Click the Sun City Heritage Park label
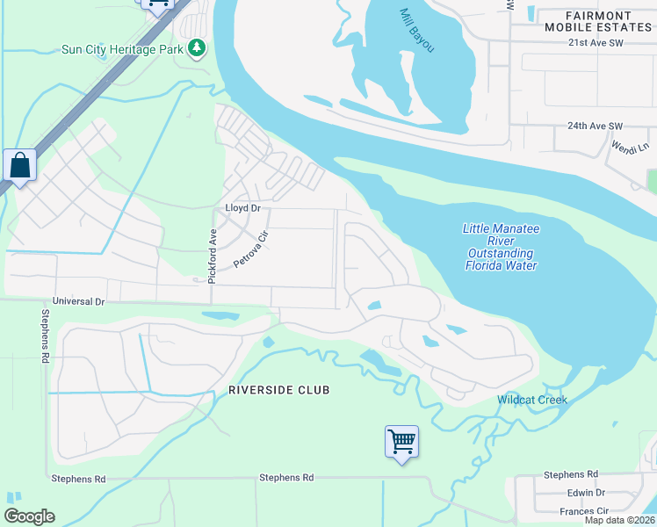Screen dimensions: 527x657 pos(122,49)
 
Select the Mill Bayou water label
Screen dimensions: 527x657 pos(417,30)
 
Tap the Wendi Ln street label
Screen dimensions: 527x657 pos(629,148)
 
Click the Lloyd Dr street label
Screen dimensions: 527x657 pos(243,208)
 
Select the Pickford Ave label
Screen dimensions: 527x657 pos(212,256)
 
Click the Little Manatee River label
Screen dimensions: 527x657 pos(501,247)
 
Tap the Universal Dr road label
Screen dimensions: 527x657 pos(78,301)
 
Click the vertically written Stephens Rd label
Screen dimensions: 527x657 pos(44,337)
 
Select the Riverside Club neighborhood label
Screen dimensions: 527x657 pos(278,389)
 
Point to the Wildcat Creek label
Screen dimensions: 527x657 pos(532,400)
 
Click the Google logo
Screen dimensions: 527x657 pos(29,516)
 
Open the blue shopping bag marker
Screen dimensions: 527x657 pos(19,166)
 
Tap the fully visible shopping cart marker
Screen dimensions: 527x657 pos(401,441)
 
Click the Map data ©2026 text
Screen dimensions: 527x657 pos(619,520)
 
